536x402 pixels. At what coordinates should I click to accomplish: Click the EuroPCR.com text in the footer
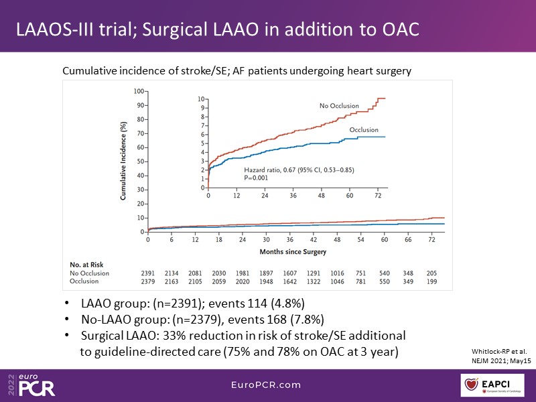[x=267, y=385]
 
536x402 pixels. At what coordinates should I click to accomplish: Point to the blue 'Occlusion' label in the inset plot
[x=364, y=130]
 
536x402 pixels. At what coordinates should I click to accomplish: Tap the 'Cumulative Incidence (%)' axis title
[x=124, y=161]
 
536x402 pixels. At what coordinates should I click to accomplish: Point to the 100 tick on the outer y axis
[x=139, y=90]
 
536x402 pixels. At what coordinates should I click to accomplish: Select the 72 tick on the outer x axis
[x=433, y=239]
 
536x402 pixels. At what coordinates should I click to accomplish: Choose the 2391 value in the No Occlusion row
[x=148, y=273]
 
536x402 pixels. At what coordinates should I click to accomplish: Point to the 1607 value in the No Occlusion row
[x=290, y=273]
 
